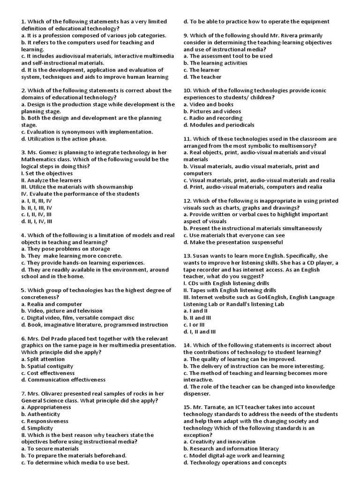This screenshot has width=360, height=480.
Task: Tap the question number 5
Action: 23,290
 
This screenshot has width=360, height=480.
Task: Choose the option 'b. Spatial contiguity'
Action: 50,366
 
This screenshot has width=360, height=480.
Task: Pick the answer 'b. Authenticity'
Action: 46,414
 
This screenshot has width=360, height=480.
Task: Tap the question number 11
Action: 187,139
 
